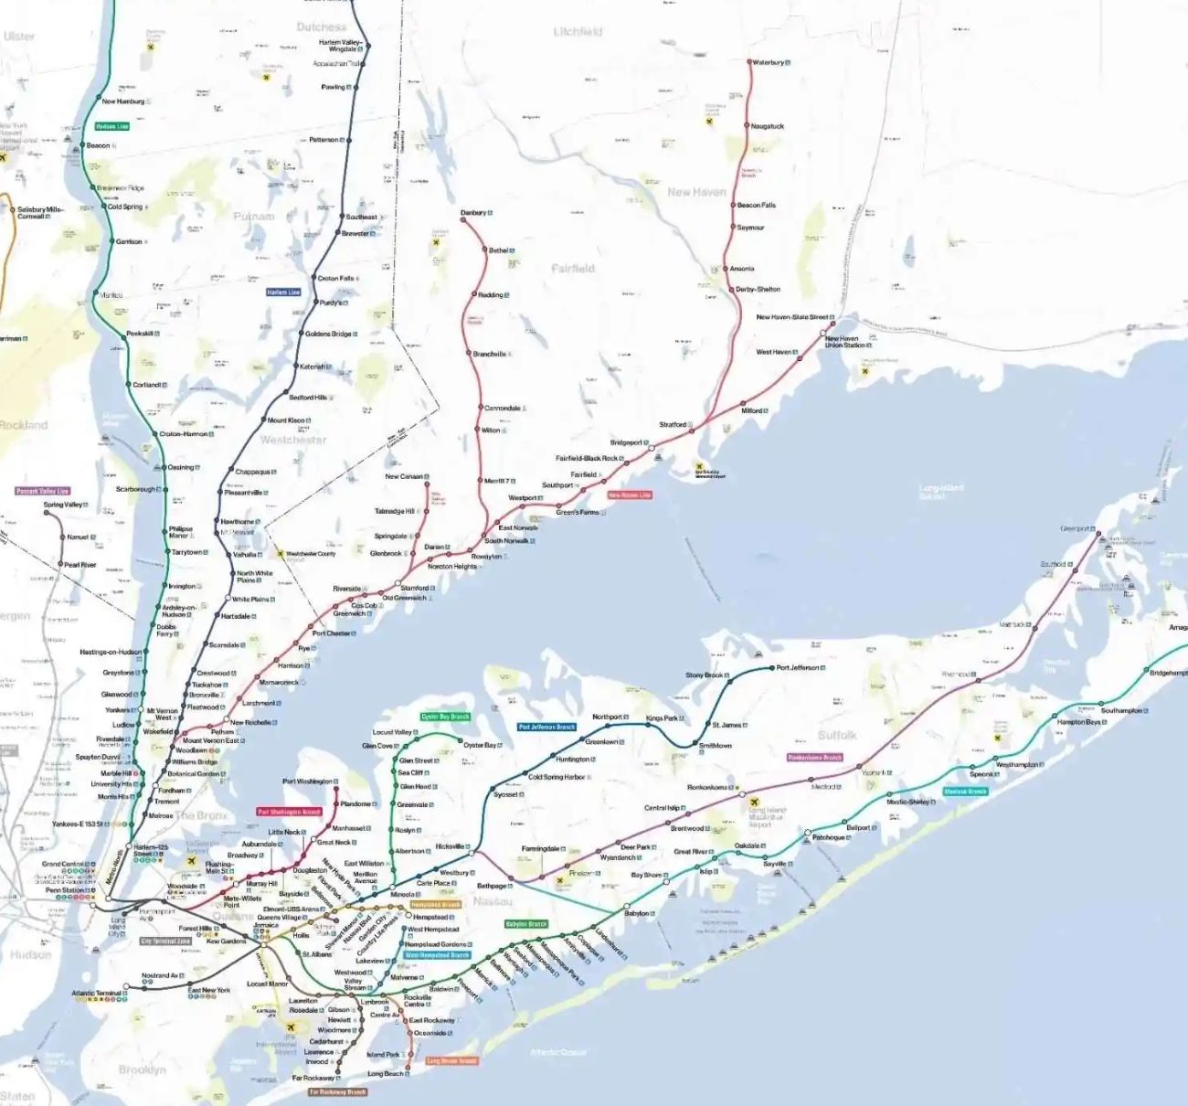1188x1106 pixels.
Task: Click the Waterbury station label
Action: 769,62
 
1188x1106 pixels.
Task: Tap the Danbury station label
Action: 473,213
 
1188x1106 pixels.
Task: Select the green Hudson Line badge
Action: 112,126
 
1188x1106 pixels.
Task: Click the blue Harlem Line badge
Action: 283,292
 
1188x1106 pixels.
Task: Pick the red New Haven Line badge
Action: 630,495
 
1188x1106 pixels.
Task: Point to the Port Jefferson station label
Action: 798,667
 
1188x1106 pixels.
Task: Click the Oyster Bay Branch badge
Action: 445,717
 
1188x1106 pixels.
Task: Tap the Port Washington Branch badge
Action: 290,812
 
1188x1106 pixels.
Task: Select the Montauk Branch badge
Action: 966,792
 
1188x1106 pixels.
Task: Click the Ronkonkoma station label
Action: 707,787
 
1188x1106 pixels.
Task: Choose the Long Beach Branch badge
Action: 451,1061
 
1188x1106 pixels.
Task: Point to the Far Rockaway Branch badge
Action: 337,1091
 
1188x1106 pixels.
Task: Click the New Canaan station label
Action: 404,476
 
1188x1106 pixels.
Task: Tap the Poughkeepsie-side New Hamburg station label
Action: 122,101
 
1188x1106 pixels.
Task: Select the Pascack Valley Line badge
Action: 43,492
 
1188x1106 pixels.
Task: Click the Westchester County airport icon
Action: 280,554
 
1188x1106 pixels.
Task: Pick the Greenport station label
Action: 1076,528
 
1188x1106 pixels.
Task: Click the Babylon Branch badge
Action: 526,924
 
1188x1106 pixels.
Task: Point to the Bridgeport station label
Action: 626,442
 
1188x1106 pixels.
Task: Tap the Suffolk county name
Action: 837,735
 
